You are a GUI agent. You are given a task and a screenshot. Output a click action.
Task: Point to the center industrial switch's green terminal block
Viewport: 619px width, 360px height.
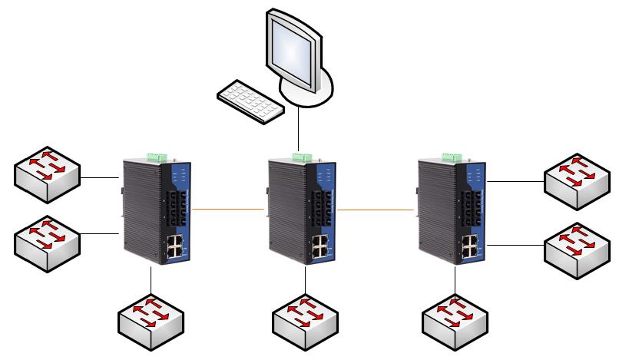303,157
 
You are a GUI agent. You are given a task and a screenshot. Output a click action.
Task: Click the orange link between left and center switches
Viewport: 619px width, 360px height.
228,208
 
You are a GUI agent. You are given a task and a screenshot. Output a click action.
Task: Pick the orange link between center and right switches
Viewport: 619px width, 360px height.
376,209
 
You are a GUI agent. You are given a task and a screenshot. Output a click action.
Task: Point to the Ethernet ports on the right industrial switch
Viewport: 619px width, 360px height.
468,246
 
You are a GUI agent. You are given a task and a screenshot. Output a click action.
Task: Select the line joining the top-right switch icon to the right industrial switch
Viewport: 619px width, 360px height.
516,182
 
